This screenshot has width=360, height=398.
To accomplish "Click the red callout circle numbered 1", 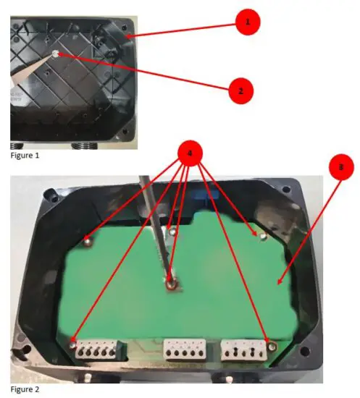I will click(x=248, y=22).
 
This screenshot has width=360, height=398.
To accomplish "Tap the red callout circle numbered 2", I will click(x=240, y=91).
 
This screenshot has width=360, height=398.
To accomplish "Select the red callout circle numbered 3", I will click(x=341, y=166).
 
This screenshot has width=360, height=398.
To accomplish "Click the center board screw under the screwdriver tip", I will click(x=171, y=284).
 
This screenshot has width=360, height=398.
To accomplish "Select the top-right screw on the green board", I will click(x=263, y=236).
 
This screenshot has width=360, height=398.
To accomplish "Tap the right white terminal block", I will click(x=244, y=351).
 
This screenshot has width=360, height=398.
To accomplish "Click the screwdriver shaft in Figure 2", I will click(x=157, y=224).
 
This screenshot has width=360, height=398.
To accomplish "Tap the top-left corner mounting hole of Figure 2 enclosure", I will click(x=51, y=195).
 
